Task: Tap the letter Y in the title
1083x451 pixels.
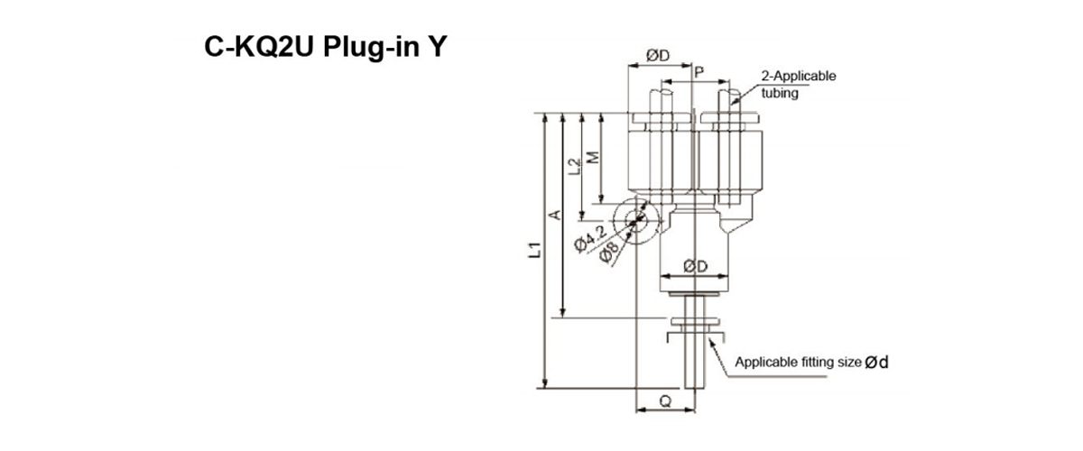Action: coord(436,46)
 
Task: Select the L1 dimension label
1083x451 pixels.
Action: coord(535,251)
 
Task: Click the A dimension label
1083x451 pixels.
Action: coord(556,215)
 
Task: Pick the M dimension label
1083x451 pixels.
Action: coord(593,158)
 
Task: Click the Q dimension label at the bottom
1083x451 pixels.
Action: coord(665,399)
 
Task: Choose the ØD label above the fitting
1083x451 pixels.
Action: coord(658,56)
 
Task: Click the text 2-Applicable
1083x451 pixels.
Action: coord(799,76)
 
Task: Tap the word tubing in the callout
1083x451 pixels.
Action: coord(781,91)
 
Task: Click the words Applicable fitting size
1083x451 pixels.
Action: coord(798,364)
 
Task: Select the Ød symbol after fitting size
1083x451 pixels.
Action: coord(877,364)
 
